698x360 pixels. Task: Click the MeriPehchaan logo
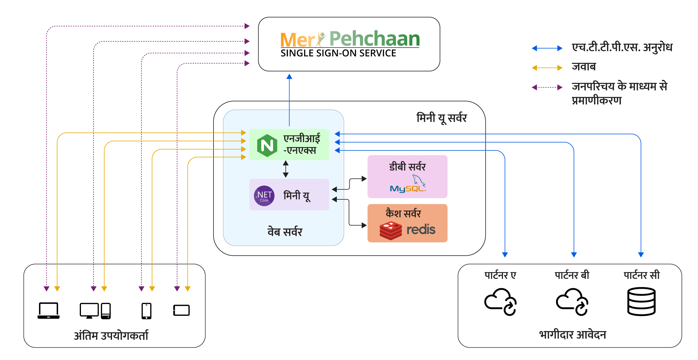(x=350, y=39)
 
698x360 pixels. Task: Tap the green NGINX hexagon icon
(x=267, y=145)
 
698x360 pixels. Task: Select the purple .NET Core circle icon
(x=264, y=196)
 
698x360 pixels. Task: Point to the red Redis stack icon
(x=391, y=230)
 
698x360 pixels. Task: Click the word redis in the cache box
(x=421, y=230)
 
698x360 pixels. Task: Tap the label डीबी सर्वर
(x=407, y=167)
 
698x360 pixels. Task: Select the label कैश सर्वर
(x=403, y=213)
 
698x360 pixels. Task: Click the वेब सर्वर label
(x=285, y=232)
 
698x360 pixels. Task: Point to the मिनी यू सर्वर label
(x=441, y=118)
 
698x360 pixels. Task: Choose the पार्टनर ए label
(x=500, y=275)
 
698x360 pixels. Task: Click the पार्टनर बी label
(x=572, y=275)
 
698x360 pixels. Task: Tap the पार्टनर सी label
(x=642, y=275)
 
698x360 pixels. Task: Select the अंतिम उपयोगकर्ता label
(x=111, y=335)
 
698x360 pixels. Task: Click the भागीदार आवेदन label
(x=572, y=334)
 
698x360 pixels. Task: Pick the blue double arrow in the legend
(x=547, y=48)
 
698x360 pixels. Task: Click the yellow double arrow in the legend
(x=547, y=68)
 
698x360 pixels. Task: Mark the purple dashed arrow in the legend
(x=547, y=87)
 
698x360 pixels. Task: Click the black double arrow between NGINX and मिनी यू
(x=286, y=169)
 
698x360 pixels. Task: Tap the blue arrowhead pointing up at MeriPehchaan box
(x=289, y=77)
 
